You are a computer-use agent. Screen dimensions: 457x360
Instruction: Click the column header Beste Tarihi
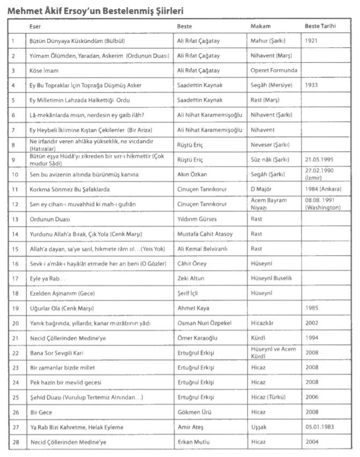[320, 26]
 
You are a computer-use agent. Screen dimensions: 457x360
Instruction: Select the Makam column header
[260, 26]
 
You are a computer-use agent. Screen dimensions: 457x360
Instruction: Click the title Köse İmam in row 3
[44, 70]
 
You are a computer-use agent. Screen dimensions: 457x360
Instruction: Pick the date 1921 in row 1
[312, 41]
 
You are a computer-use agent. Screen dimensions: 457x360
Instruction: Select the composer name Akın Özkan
[192, 175]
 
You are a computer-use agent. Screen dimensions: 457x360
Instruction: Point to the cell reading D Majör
[262, 190]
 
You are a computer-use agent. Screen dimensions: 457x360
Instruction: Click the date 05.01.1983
[320, 427]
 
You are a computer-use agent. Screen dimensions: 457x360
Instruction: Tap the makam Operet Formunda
[274, 70]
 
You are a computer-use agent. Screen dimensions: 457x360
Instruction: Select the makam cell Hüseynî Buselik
[271, 279]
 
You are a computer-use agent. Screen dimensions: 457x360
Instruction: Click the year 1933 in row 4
[312, 85]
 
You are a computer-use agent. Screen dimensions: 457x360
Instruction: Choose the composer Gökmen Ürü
[193, 412]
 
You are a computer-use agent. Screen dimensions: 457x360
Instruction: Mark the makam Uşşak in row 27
[259, 427]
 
